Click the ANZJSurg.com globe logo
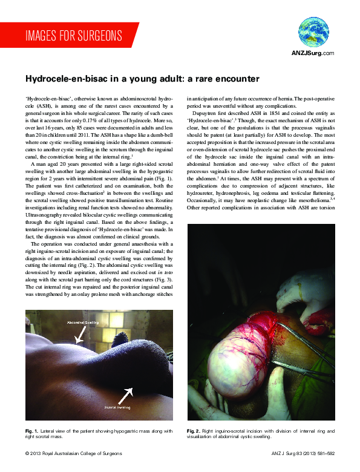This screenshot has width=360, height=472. coord(312,33)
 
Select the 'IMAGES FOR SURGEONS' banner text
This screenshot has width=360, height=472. coord(74,35)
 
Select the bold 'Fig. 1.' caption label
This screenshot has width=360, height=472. coord(33,430)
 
